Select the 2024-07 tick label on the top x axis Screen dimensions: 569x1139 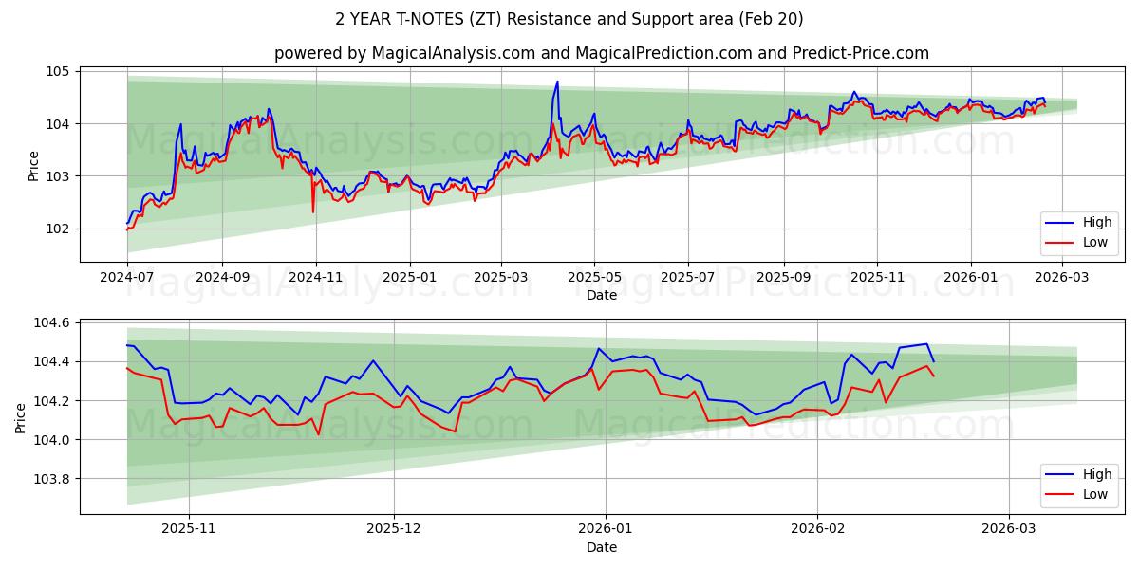click(127, 278)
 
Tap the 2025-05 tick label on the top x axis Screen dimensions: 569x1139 click(594, 278)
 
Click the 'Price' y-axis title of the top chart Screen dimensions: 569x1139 click(34, 166)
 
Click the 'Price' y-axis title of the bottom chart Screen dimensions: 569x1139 click(21, 418)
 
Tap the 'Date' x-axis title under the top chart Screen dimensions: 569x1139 click(601, 295)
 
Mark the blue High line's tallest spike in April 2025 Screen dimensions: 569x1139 click(557, 82)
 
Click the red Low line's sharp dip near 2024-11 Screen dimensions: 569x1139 click(313, 211)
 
